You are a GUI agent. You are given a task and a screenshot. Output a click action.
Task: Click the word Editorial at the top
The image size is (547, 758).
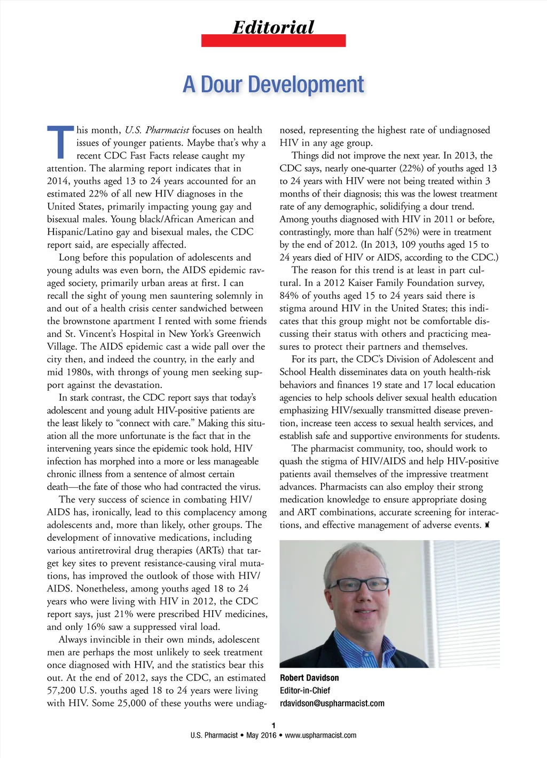pos(273,27)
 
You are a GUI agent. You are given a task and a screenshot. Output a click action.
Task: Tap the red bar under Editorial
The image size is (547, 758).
pos(273,41)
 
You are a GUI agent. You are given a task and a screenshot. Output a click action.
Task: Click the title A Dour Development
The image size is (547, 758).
pos(273,84)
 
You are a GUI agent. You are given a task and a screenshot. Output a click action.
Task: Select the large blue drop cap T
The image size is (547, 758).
pos(60,143)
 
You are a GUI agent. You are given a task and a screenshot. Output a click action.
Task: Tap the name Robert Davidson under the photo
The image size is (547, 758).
pos(309,678)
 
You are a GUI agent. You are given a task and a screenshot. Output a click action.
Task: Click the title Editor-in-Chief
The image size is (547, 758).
pos(305,691)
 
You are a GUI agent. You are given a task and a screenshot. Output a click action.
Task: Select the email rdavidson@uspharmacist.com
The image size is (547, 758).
pos(332,704)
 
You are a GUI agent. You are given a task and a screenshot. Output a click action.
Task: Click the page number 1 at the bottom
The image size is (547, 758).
pos(273,725)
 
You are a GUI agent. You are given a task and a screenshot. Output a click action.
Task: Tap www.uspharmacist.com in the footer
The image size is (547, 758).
pos(321,736)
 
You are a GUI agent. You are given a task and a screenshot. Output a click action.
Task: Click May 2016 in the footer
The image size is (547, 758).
pos(261,736)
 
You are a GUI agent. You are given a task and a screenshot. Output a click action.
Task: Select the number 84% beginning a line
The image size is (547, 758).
pos(289,296)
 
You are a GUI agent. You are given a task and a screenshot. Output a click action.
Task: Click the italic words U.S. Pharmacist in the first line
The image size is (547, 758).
pos(157,130)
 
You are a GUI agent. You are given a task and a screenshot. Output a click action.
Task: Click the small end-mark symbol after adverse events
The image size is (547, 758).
pos(487,525)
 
